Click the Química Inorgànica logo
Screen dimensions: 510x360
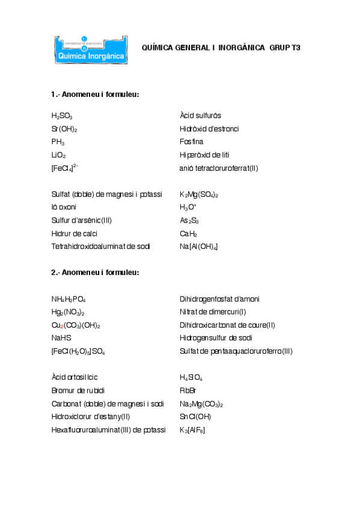pyautogui.click(x=89, y=48)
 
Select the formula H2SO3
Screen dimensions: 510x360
pyautogui.click(x=62, y=115)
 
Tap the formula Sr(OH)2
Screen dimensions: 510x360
pyautogui.click(x=64, y=129)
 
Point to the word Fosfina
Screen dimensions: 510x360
pyautogui.click(x=191, y=142)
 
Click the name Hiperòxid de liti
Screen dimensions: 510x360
pyautogui.click(x=208, y=155)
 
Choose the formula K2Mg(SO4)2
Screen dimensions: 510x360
pyautogui.click(x=199, y=195)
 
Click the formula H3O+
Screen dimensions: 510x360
pyautogui.click(x=188, y=207)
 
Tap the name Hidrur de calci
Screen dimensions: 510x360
pyautogui.click(x=75, y=233)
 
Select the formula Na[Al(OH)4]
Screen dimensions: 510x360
pyautogui.click(x=199, y=247)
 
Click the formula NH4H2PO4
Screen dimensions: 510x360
pyautogui.click(x=69, y=299)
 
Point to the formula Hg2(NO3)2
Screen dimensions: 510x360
pyautogui.click(x=68, y=312)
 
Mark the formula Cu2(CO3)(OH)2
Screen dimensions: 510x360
pyautogui.click(x=76, y=325)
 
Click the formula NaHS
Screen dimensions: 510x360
pyautogui.click(x=61, y=338)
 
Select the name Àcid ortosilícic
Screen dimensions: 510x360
pyautogui.click(x=75, y=377)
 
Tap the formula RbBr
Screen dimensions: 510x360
pyautogui.click(x=188, y=390)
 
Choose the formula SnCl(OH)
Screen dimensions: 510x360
pyautogui.click(x=195, y=416)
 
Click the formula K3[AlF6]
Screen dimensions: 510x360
pyautogui.click(x=192, y=429)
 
